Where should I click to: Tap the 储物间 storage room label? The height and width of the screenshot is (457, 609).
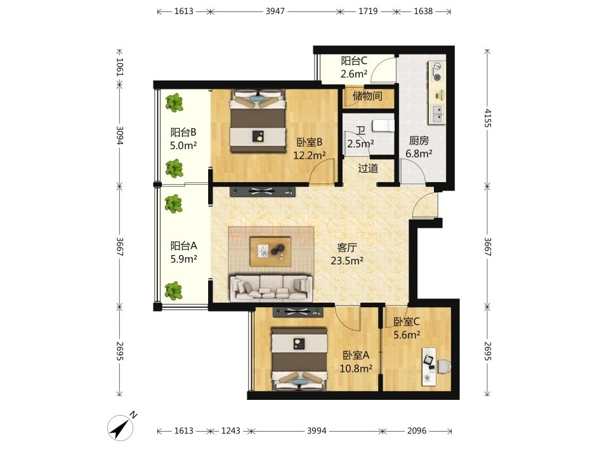tap(367, 96)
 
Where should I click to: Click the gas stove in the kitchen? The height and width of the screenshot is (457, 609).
tap(437, 72)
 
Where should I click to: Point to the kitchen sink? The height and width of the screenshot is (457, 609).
tap(437, 114)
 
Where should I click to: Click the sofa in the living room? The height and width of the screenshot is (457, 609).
tap(271, 288)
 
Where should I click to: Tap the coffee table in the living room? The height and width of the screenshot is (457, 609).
tap(271, 251)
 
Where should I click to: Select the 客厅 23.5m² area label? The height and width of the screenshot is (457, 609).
tap(347, 254)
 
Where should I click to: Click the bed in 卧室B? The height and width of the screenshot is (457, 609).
tap(258, 121)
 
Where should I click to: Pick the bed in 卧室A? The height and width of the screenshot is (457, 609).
tap(299, 358)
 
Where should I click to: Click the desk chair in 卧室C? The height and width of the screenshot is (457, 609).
tap(443, 366)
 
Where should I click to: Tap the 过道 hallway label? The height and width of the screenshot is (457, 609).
tap(368, 168)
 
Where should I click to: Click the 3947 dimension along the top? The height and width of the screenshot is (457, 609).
tap(275, 11)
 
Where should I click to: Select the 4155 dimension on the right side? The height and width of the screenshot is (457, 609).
tap(488, 118)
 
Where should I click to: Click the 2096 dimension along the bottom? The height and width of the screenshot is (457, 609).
tap(417, 430)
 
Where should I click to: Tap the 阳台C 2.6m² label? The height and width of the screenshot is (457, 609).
tap(354, 67)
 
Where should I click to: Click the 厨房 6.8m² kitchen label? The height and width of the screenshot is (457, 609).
tap(419, 147)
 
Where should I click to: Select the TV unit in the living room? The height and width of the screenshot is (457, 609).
tap(263, 192)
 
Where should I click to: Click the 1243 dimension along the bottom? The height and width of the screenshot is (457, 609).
tap(231, 430)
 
